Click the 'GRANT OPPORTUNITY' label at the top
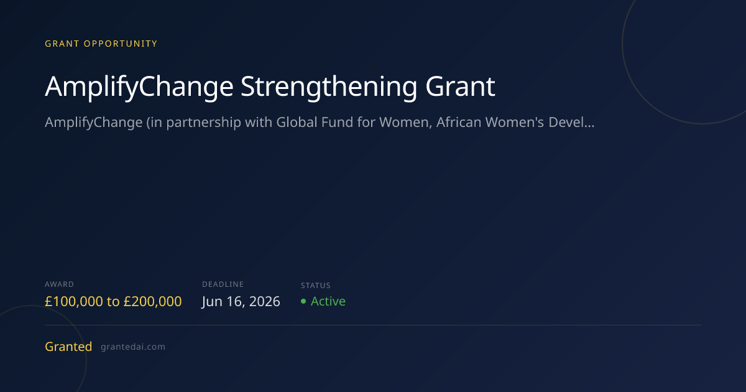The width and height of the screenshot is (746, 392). coord(101,44)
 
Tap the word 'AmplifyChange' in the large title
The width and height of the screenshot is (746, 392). coord(139,87)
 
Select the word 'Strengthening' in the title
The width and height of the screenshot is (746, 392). coord(329,87)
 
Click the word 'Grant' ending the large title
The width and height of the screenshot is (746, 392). coord(460,86)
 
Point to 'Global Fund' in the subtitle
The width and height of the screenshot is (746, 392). coord(315,123)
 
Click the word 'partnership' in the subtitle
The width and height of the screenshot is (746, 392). coord(203,123)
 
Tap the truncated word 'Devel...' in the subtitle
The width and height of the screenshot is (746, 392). coord(571,123)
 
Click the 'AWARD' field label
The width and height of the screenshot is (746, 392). coord(59,284)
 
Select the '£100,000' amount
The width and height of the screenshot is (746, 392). coord(74,301)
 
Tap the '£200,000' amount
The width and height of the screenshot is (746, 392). coord(152,301)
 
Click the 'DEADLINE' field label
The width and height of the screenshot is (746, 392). coord(223,284)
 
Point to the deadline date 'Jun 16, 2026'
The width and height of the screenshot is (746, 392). coord(241,302)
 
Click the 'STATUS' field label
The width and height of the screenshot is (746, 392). coord(315,286)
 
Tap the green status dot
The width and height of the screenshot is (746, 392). coord(303,301)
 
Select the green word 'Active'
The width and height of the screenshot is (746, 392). coord(328,301)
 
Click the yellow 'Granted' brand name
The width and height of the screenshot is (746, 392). coord(68,347)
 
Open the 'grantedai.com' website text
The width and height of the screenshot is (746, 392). coord(133,347)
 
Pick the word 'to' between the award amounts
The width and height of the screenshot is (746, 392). coord(113,302)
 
